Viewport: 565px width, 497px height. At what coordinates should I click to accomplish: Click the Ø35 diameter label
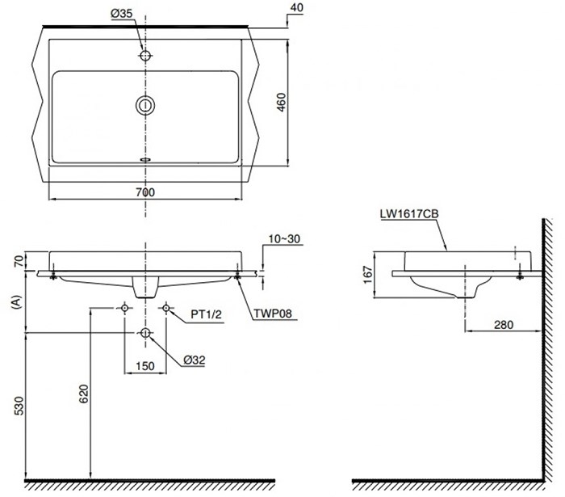(x=121, y=14)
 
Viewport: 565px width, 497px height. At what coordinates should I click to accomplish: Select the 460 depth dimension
(x=282, y=102)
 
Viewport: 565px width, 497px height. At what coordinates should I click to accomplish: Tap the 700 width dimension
(x=145, y=192)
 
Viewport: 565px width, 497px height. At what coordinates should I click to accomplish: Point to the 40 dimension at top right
(x=296, y=7)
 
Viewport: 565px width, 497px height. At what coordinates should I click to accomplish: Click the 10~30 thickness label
(x=284, y=238)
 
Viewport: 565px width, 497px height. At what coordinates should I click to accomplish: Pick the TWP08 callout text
(x=273, y=314)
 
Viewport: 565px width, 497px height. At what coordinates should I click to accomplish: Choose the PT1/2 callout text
(x=206, y=314)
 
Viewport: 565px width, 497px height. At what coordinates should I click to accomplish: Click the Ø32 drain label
(x=194, y=360)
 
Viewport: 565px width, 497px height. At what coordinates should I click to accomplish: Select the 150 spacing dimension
(x=145, y=366)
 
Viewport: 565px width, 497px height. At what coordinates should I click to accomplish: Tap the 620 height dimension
(x=84, y=394)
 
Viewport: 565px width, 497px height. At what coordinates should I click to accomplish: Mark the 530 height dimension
(x=19, y=406)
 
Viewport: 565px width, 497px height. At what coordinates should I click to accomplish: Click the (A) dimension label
(x=17, y=302)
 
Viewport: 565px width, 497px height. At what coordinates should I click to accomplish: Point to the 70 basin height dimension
(x=19, y=260)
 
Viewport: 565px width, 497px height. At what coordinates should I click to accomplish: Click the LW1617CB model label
(x=409, y=214)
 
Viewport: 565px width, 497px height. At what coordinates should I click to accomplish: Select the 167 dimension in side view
(x=367, y=275)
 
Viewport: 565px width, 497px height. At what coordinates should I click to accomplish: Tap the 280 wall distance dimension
(x=504, y=325)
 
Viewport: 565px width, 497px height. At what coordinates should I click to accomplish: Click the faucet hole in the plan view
(x=145, y=56)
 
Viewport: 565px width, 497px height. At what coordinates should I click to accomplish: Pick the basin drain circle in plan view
(x=145, y=106)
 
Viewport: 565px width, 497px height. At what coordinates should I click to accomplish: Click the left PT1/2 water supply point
(x=124, y=308)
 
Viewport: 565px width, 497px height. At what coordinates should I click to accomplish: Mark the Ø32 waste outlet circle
(x=145, y=333)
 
